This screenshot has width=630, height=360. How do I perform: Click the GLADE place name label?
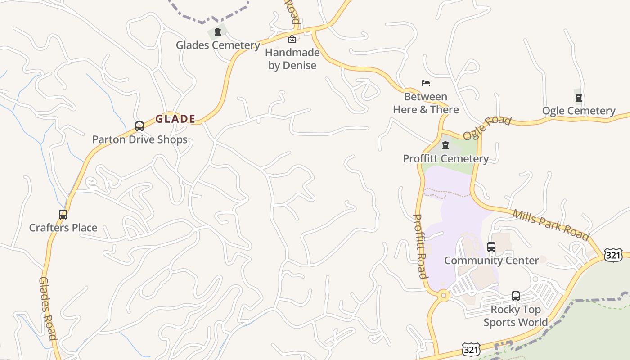point(175,119)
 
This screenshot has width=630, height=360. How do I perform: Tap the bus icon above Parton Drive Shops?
point(139,126)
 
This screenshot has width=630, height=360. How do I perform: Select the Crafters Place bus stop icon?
point(63,215)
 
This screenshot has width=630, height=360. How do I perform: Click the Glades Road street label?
point(48,308)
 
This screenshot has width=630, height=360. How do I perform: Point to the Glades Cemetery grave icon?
point(218,32)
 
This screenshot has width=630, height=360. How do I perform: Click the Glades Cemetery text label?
point(218,45)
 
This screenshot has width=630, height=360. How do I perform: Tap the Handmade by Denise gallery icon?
point(292,39)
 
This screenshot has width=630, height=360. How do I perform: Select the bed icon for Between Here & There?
point(426,83)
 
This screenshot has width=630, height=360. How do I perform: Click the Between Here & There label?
point(426,103)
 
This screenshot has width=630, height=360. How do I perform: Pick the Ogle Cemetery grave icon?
point(579,98)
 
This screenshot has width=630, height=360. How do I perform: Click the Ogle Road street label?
point(487,128)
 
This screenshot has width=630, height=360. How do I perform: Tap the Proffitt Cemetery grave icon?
point(445,145)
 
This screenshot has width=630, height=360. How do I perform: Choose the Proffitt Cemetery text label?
point(445,159)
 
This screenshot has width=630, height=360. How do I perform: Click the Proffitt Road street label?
point(420,246)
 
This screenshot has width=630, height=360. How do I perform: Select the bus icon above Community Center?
point(491,247)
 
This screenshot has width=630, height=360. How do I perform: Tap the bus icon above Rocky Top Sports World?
point(516,296)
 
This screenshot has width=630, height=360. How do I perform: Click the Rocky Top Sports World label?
point(516,316)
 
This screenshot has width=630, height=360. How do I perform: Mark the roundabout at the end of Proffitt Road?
point(444,296)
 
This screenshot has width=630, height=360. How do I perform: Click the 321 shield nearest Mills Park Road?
point(613,254)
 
